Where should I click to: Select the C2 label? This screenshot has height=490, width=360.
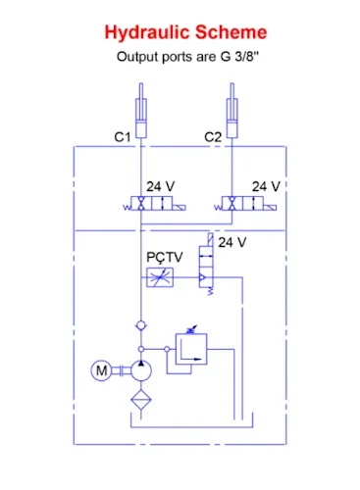click(212, 138)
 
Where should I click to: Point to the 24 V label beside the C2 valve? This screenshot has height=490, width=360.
click(266, 186)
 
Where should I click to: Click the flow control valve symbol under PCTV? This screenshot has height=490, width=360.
click(159, 278)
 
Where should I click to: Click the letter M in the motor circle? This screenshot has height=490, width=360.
click(102, 369)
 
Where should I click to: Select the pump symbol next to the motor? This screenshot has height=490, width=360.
click(143, 369)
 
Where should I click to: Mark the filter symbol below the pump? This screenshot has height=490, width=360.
click(143, 402)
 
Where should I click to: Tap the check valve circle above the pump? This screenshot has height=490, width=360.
click(143, 325)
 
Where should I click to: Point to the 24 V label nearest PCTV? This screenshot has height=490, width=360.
click(232, 242)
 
